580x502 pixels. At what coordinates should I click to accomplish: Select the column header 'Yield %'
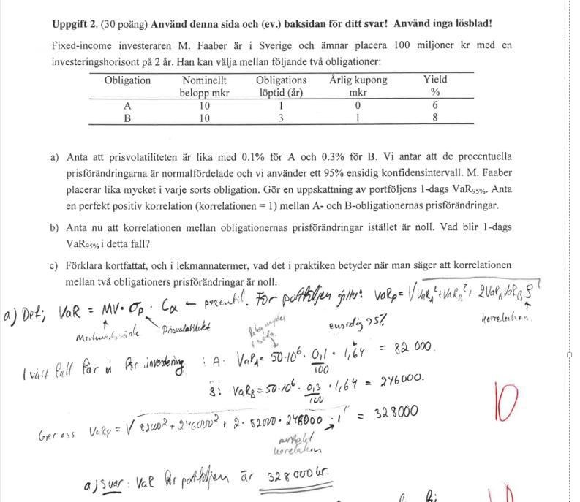pyautogui.click(x=434, y=86)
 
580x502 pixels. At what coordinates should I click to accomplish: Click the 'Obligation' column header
pyautogui.click(x=127, y=80)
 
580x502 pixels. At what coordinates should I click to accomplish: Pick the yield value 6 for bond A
pyautogui.click(x=434, y=106)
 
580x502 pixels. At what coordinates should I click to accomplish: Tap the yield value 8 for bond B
pyautogui.click(x=434, y=118)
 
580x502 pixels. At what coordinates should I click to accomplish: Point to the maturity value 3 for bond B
pyautogui.click(x=281, y=118)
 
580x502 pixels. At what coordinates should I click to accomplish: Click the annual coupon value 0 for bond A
pyautogui.click(x=358, y=106)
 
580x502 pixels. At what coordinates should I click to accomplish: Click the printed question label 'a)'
pyautogui.click(x=55, y=157)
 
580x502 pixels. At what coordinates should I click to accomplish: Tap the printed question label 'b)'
pyautogui.click(x=55, y=227)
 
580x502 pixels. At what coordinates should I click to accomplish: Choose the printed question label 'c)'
pyautogui.click(x=55, y=265)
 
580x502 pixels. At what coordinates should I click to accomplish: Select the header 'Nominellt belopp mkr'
pyautogui.click(x=204, y=86)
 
